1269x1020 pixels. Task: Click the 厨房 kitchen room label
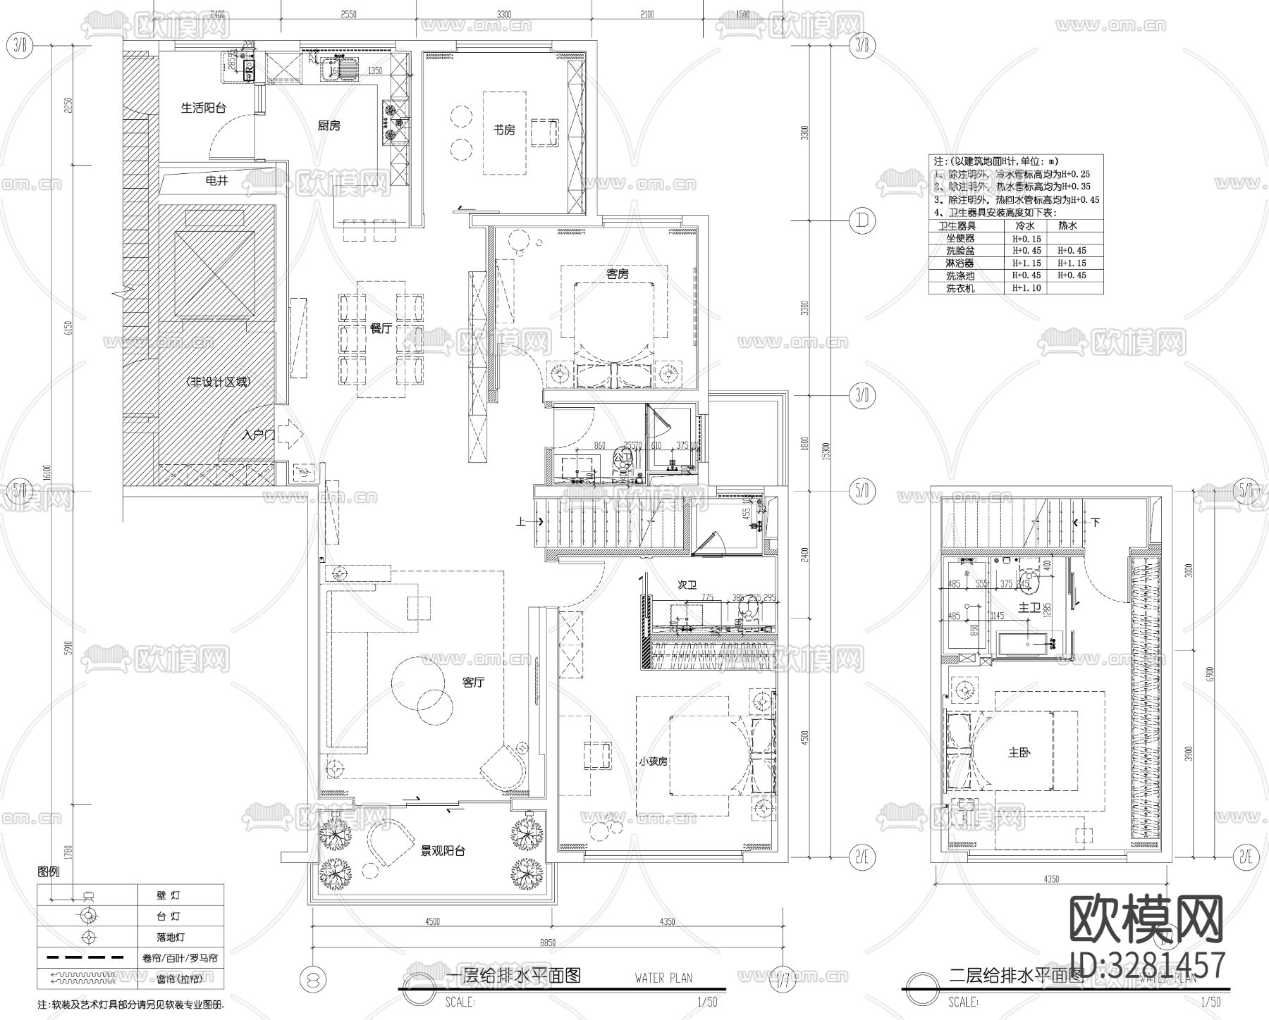click(x=329, y=125)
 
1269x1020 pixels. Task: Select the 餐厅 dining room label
click(x=381, y=328)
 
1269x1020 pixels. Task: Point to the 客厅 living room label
click(x=473, y=683)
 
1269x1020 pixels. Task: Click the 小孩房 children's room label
click(x=653, y=761)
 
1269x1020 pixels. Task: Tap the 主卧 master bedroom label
click(x=1019, y=752)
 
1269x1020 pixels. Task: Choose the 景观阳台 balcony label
click(x=443, y=850)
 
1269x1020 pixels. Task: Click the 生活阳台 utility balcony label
click(x=203, y=108)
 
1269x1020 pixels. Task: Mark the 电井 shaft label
click(x=216, y=180)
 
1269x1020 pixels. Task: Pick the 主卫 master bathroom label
click(x=1030, y=607)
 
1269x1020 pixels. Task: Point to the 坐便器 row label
click(x=960, y=239)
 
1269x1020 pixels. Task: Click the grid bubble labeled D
click(x=862, y=220)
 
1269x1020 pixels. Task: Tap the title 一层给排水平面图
click(x=514, y=976)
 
